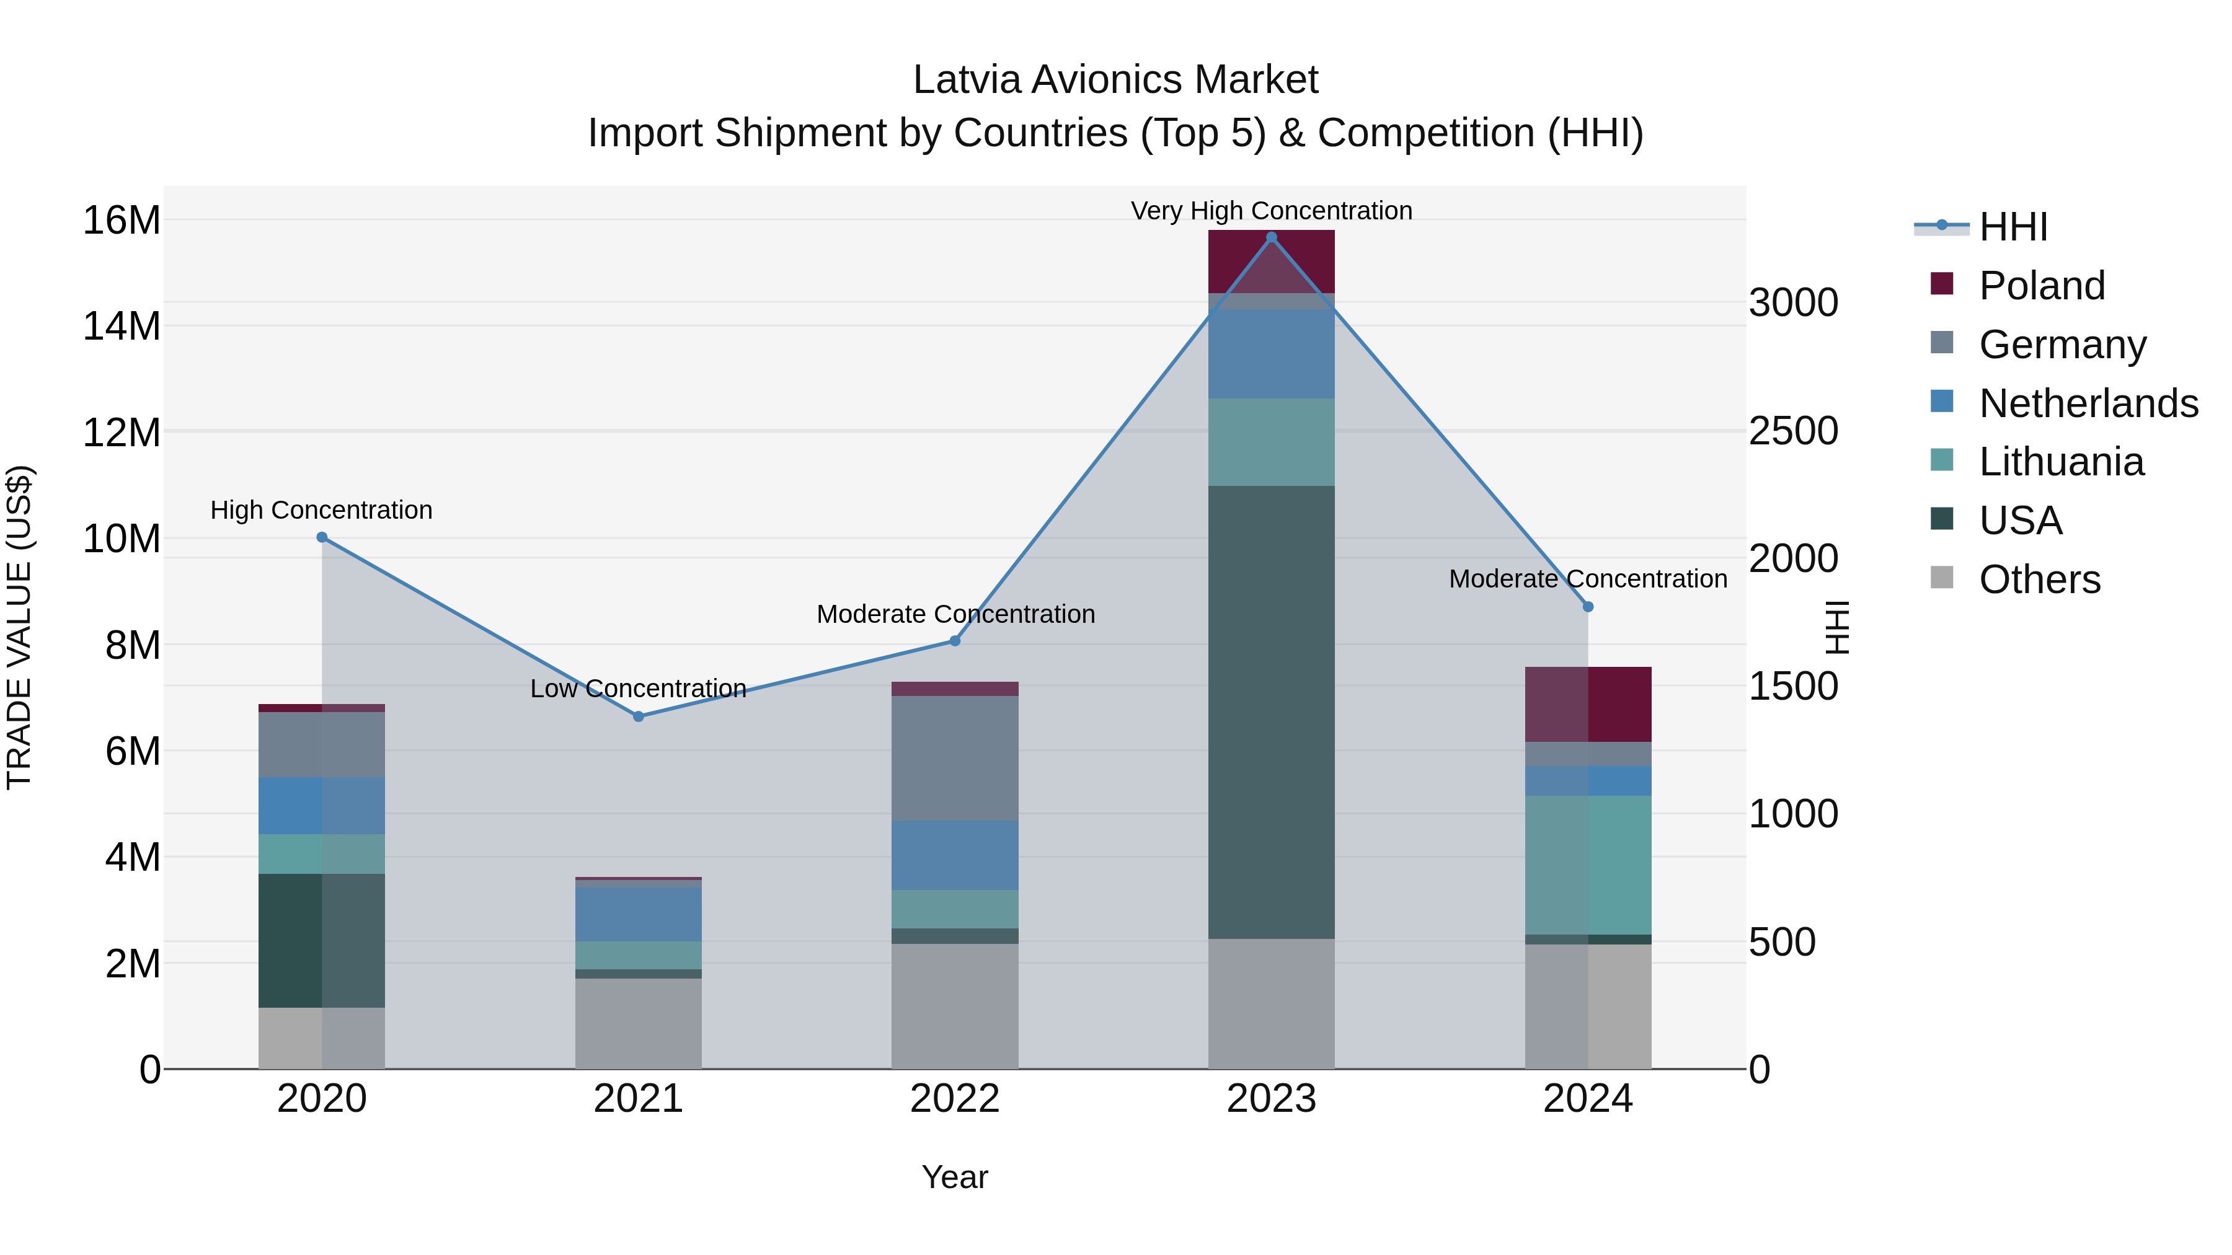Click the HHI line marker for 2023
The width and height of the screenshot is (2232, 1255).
tap(1271, 237)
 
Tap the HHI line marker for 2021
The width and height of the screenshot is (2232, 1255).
tap(639, 716)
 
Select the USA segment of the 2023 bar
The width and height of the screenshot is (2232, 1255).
tap(1271, 712)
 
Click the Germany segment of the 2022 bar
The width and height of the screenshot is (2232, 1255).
tap(955, 758)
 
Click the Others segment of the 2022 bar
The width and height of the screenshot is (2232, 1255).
tap(955, 1006)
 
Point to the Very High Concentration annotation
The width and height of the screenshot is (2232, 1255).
tap(1271, 211)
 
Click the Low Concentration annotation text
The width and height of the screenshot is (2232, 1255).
tap(639, 689)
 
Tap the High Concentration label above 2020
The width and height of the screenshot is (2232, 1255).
tap(321, 510)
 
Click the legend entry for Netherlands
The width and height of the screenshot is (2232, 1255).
tap(2088, 403)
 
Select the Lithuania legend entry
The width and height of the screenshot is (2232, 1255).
tap(2060, 462)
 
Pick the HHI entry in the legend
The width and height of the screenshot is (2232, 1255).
tap(2012, 227)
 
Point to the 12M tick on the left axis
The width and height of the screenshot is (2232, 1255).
tap(122, 432)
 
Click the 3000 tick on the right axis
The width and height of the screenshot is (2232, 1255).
tap(1792, 302)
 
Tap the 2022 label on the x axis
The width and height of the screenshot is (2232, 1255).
tap(955, 1099)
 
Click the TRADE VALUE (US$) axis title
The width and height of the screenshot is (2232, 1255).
tap(19, 627)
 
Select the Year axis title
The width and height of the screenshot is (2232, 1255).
tap(955, 1177)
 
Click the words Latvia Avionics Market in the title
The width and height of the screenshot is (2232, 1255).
tap(1115, 80)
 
